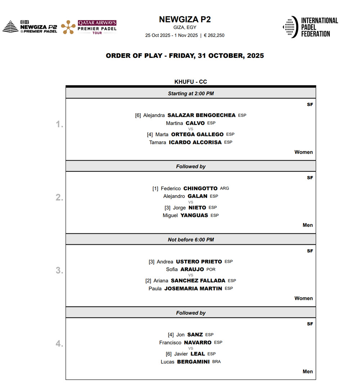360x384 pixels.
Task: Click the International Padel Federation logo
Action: (x=310, y=27)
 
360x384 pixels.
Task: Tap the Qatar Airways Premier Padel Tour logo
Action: (x=89, y=27)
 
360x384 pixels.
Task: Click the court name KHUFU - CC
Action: (x=190, y=82)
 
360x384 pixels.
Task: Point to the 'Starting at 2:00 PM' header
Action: (x=190, y=93)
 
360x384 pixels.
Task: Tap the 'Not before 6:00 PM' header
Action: (x=190, y=239)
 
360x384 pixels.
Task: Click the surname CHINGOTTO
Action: (x=200, y=188)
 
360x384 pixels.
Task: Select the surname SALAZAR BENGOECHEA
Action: (x=201, y=115)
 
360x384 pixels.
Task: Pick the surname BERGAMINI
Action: (x=193, y=362)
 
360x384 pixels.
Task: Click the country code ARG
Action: (x=224, y=188)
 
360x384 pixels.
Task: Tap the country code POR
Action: (x=211, y=269)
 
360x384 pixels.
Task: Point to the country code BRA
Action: (x=216, y=362)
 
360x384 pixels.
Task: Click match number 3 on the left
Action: (x=59, y=271)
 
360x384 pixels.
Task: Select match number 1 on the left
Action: (x=59, y=125)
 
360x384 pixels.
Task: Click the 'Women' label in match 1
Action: (x=303, y=152)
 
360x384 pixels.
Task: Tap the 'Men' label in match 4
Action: (x=307, y=371)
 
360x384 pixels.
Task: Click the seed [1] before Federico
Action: (x=155, y=188)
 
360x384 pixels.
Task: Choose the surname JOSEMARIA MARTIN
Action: (x=193, y=288)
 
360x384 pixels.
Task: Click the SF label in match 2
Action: (x=310, y=178)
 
